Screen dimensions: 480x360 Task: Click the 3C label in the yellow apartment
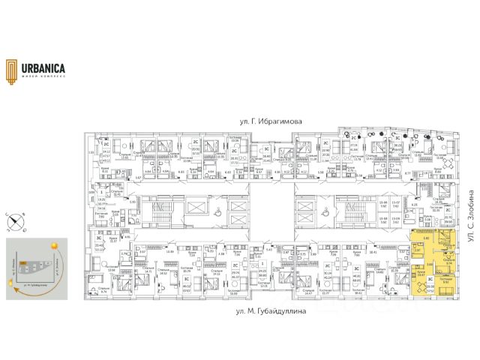tap(430, 279)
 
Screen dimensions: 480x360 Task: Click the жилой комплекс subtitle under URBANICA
tap(43, 75)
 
